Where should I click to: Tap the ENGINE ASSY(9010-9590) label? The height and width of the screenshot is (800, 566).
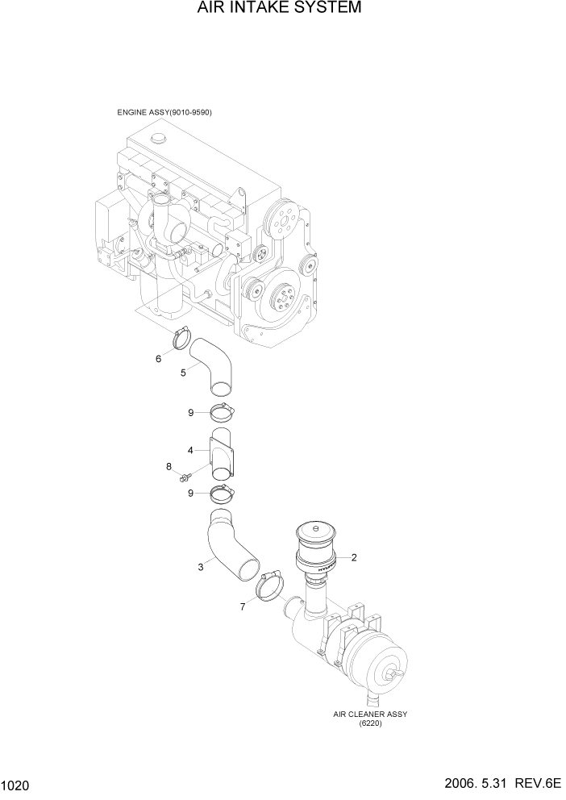[x=169, y=112]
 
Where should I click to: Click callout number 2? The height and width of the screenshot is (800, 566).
[x=353, y=557]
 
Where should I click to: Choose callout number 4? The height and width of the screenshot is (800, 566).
[x=190, y=450]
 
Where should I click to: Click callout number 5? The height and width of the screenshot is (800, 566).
[x=183, y=372]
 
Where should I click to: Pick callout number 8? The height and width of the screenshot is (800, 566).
[x=169, y=466]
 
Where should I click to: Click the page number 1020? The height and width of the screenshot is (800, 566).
[x=17, y=785]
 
